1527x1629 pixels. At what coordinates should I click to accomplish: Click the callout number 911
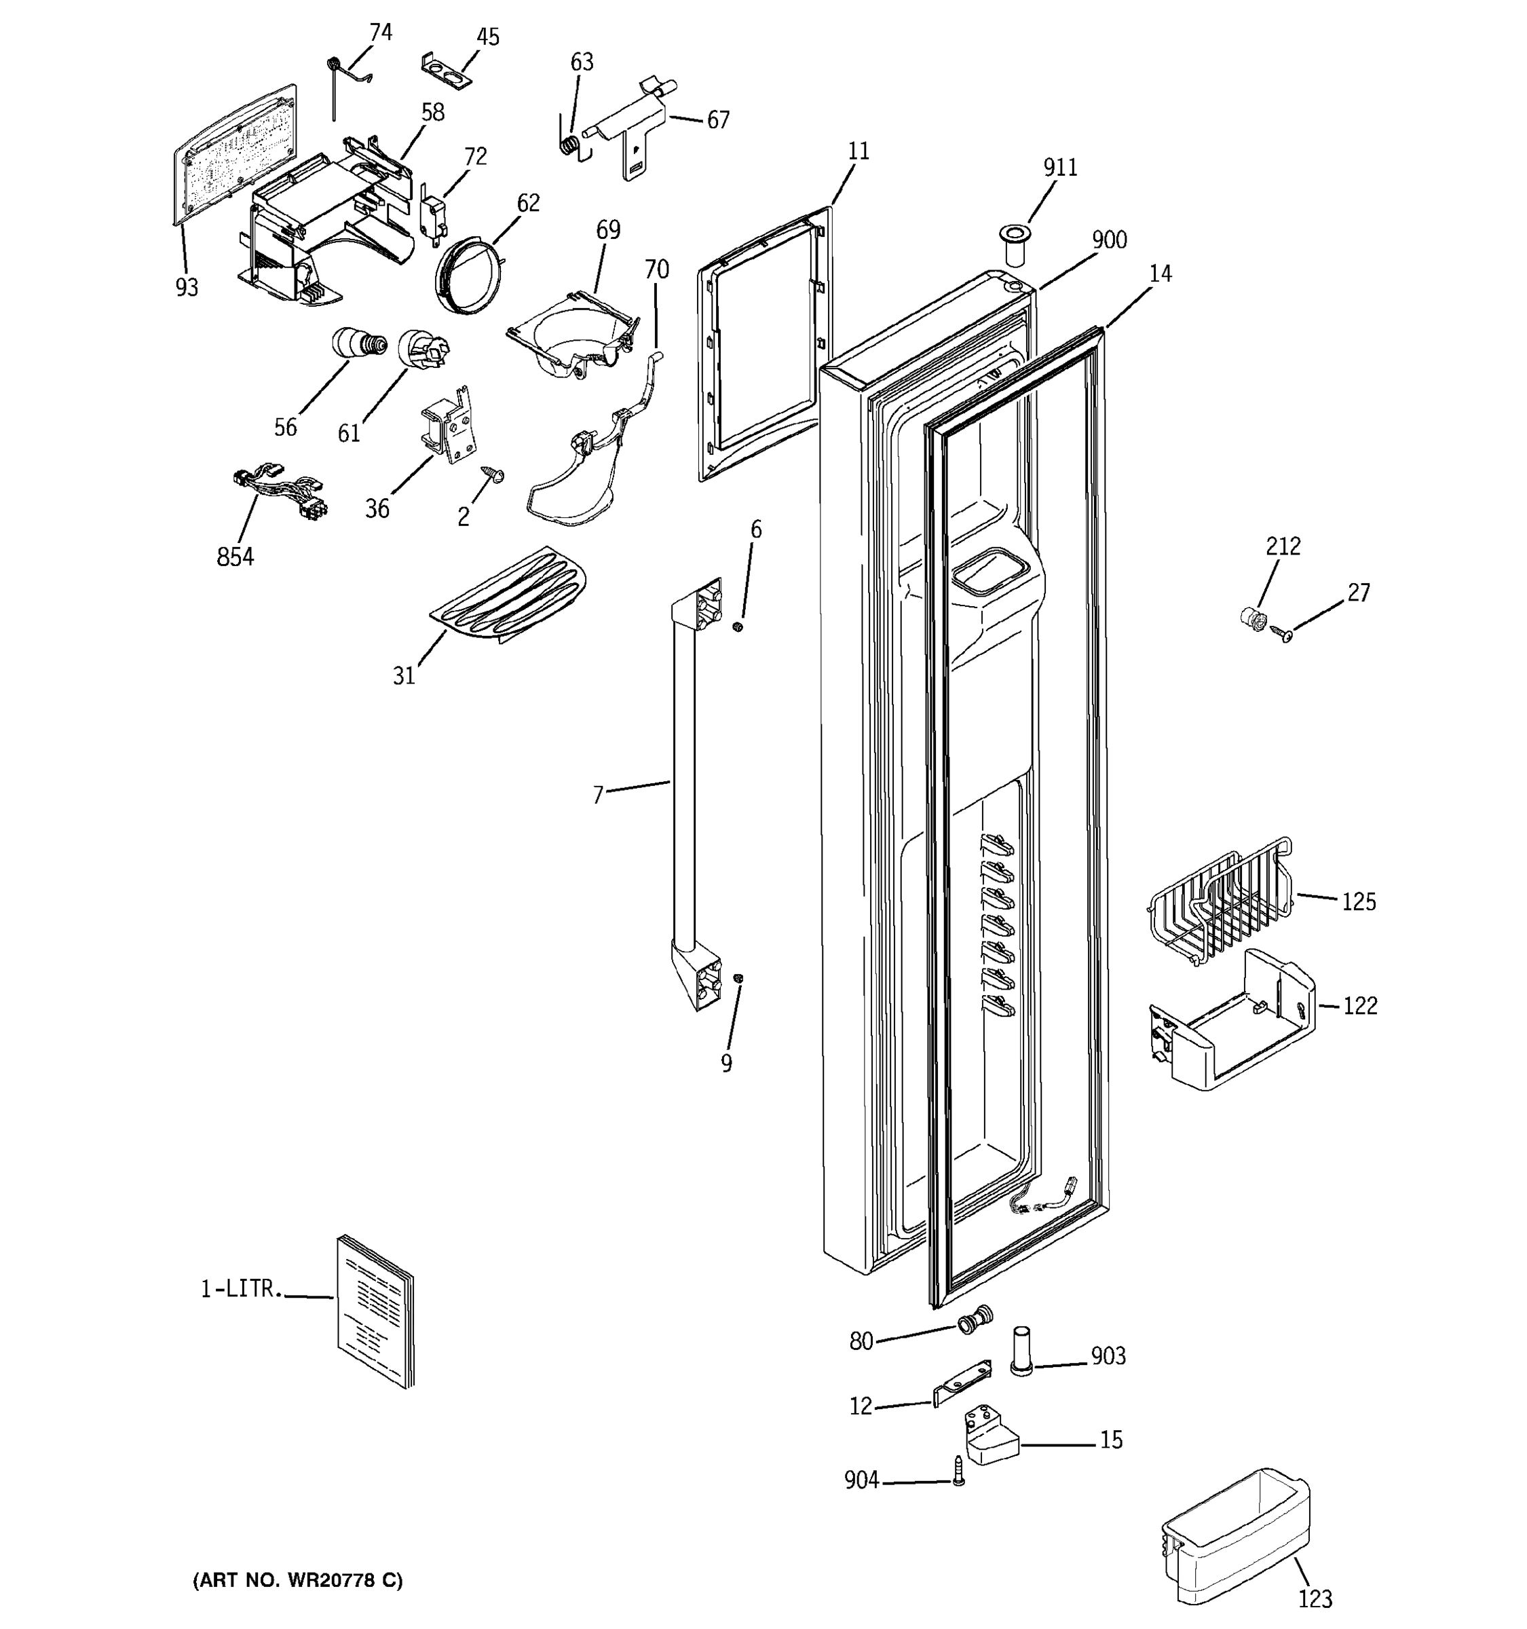pos(1060,167)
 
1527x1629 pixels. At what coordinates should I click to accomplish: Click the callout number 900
pos(1109,240)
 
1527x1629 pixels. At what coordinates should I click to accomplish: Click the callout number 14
pos(1160,274)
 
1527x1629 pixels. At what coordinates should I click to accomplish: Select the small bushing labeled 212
pos(1251,616)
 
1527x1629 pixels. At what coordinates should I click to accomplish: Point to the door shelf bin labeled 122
pos(1232,1021)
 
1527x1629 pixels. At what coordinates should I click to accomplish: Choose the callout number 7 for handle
pos(598,795)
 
